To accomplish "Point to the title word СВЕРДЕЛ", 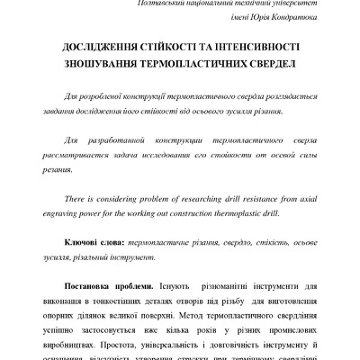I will point(263,67).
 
